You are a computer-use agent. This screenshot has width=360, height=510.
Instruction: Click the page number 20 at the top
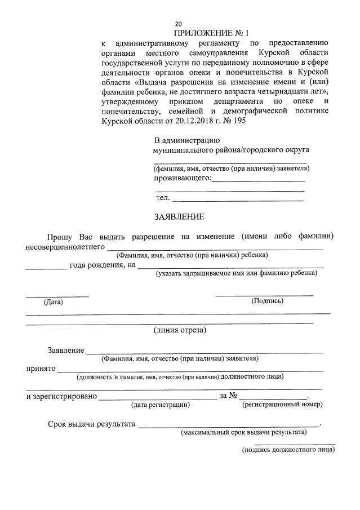tap(179, 24)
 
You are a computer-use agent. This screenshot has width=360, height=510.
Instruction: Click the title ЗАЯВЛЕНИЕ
tap(179, 216)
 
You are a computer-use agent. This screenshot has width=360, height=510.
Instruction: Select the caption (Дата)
tap(54, 302)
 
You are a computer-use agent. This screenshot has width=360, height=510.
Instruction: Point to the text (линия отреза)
tap(180, 330)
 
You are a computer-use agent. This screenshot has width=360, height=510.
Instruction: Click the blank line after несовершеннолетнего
tap(215, 247)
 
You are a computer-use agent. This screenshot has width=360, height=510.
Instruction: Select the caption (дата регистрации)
tap(161, 404)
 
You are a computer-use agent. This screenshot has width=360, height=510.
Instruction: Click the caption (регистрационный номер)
tap(282, 404)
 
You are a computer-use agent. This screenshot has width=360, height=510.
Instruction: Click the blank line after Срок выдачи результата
tap(228, 424)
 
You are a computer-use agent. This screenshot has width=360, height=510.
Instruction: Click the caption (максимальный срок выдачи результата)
tap(243, 433)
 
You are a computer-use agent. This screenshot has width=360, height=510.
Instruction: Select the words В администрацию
tap(187, 140)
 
